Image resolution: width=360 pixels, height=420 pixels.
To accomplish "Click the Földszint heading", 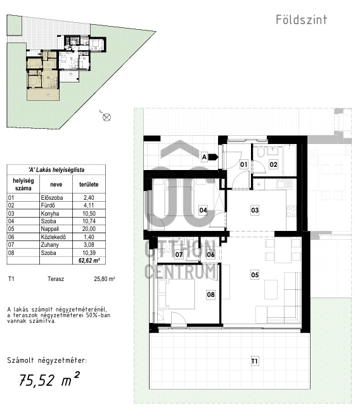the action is tap(302, 20).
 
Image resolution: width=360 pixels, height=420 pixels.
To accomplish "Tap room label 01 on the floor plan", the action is tap(243, 164).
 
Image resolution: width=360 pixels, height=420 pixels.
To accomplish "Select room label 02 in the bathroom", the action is tap(273, 164).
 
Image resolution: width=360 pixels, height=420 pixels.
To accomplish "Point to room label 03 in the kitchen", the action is tap(255, 210).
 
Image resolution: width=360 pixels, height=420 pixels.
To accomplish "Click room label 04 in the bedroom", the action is tap(203, 210).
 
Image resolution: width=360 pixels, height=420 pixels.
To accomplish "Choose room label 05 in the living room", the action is tap(255, 275).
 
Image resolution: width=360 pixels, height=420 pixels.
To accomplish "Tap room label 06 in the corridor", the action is tap(210, 254).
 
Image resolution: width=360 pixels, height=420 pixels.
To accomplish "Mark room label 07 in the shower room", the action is tap(179, 254).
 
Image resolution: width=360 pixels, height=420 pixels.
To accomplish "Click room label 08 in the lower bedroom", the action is tap(210, 294).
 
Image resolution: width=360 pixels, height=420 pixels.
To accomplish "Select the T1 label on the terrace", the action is tap(255, 362).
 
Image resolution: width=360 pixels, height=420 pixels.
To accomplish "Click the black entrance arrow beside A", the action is tap(214, 157).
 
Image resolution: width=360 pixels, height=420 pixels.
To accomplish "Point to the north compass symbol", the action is tap(106, 117).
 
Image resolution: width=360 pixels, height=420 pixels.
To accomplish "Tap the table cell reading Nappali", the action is tap(50, 229).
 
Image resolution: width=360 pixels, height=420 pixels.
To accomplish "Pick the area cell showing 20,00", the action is tap(89, 229).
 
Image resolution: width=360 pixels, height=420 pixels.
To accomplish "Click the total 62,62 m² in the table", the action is tap(89, 260).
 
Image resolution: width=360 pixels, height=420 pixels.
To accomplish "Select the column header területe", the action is tap(89, 184).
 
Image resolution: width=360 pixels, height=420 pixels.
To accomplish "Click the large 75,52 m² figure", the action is tap(49, 379).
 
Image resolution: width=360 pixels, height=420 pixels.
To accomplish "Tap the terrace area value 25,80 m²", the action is tap(105, 279).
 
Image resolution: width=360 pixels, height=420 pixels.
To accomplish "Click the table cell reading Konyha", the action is tap(50, 213).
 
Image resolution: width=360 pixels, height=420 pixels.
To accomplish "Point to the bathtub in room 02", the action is tap(290, 160).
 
